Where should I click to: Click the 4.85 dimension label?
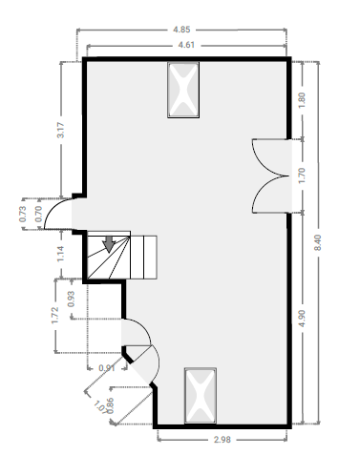181,30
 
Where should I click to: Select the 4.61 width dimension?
186,45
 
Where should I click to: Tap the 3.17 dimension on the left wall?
60,130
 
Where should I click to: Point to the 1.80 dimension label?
302,100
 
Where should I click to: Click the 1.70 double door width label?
302,176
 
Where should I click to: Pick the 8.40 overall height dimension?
318,242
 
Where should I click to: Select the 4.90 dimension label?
302,318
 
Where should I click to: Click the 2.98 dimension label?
222,440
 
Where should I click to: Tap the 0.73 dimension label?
23,214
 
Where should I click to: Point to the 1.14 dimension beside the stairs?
60,254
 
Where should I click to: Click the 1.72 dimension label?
55,315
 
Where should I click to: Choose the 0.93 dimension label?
72,299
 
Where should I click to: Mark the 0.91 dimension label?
107,368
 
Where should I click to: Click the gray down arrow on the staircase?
109,244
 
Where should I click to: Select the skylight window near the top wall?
183,90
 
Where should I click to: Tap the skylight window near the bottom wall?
201,396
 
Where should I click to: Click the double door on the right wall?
271,176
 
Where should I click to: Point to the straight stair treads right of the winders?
143,258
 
